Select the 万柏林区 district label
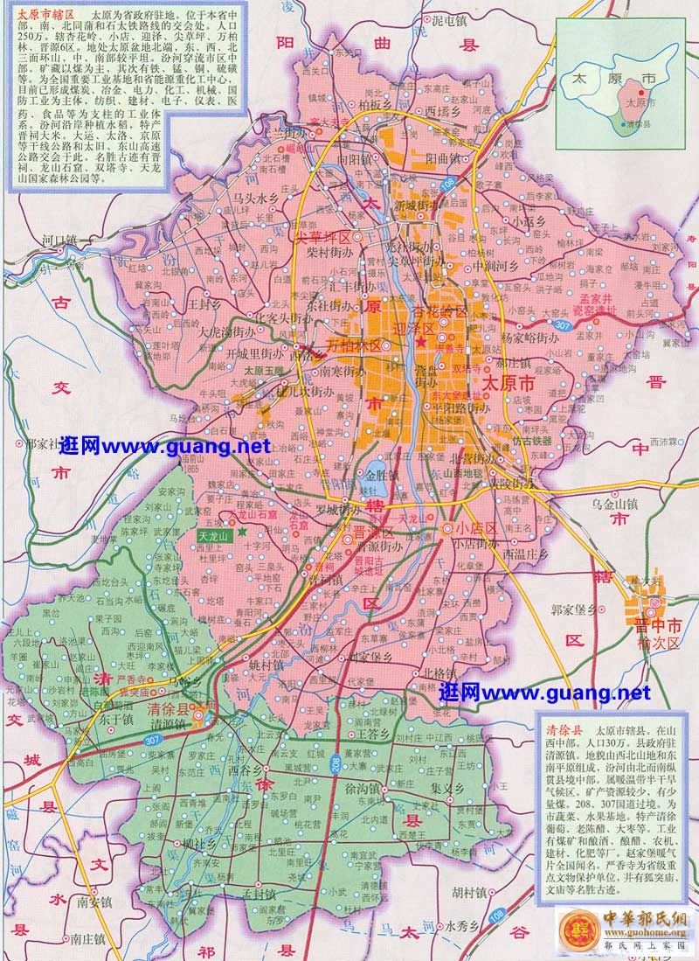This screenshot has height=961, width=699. (x=353, y=345)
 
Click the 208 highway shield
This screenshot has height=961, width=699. (x=336, y=764)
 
